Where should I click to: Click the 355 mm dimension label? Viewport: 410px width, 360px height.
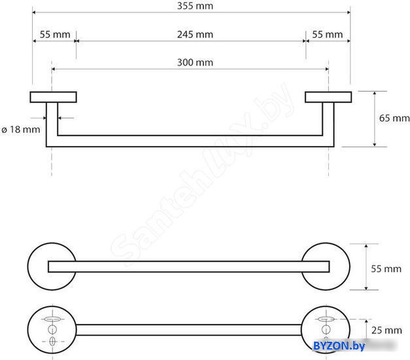point(195,6)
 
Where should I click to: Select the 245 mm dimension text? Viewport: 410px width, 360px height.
point(195,34)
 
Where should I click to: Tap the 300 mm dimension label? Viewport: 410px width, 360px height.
point(195,62)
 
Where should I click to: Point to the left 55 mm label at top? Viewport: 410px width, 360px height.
point(55,34)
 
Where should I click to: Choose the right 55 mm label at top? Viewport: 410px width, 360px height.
point(328,34)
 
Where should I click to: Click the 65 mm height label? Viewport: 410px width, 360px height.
point(394,118)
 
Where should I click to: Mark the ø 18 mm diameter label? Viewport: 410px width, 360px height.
point(21,130)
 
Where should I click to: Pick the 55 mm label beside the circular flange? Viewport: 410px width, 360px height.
point(386,268)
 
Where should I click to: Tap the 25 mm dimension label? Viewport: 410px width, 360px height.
point(386,330)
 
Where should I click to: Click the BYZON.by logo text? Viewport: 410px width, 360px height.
point(339,346)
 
